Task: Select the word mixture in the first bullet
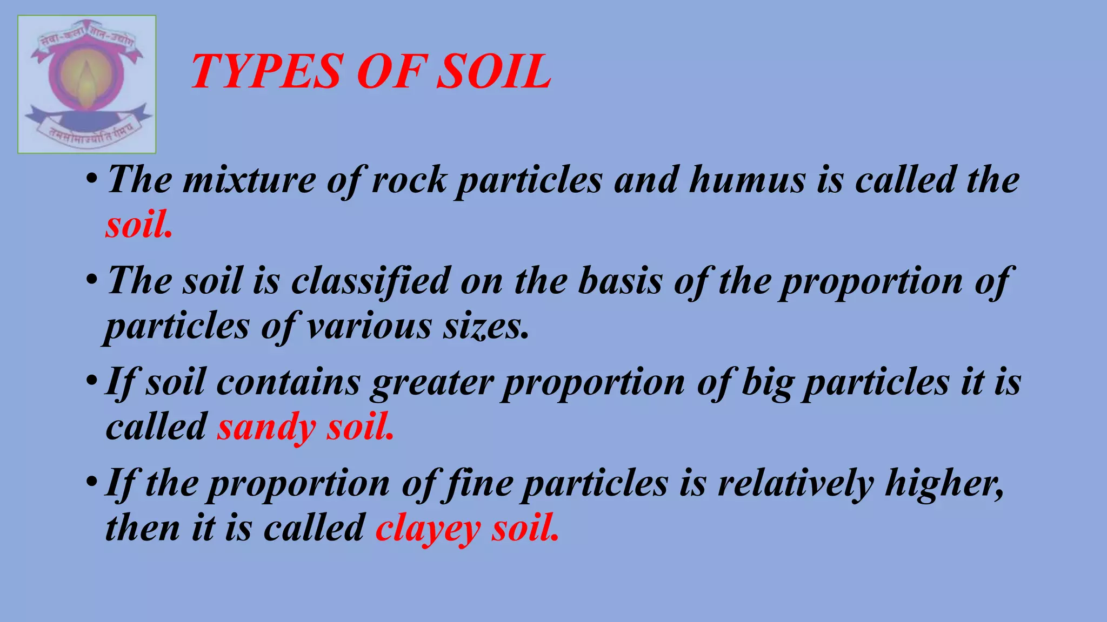(x=249, y=180)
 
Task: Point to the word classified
(x=371, y=281)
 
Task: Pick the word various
(x=369, y=326)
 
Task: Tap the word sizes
(x=486, y=326)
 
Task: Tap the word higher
(x=944, y=483)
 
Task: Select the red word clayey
(x=428, y=529)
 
